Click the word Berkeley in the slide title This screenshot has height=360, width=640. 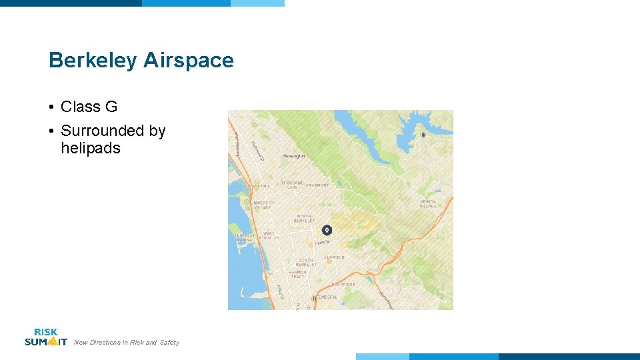(x=93, y=61)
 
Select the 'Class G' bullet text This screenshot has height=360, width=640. (x=89, y=107)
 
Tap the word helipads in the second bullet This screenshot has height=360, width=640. (x=91, y=148)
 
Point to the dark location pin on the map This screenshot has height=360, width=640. (x=326, y=230)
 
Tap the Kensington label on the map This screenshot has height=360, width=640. (x=294, y=156)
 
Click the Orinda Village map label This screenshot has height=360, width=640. (x=428, y=203)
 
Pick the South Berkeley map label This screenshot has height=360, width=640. (x=307, y=262)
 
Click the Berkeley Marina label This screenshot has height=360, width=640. (x=243, y=237)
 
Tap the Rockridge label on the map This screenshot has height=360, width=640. (x=343, y=284)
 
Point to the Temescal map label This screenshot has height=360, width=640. (x=327, y=297)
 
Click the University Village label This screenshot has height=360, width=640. (x=262, y=205)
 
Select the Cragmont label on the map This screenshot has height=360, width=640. (x=317, y=185)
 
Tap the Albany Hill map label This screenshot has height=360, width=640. (x=257, y=186)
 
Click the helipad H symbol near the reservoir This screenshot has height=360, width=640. (x=423, y=135)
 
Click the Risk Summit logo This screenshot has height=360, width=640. (x=45, y=337)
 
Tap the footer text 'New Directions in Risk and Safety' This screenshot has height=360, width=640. (x=127, y=343)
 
